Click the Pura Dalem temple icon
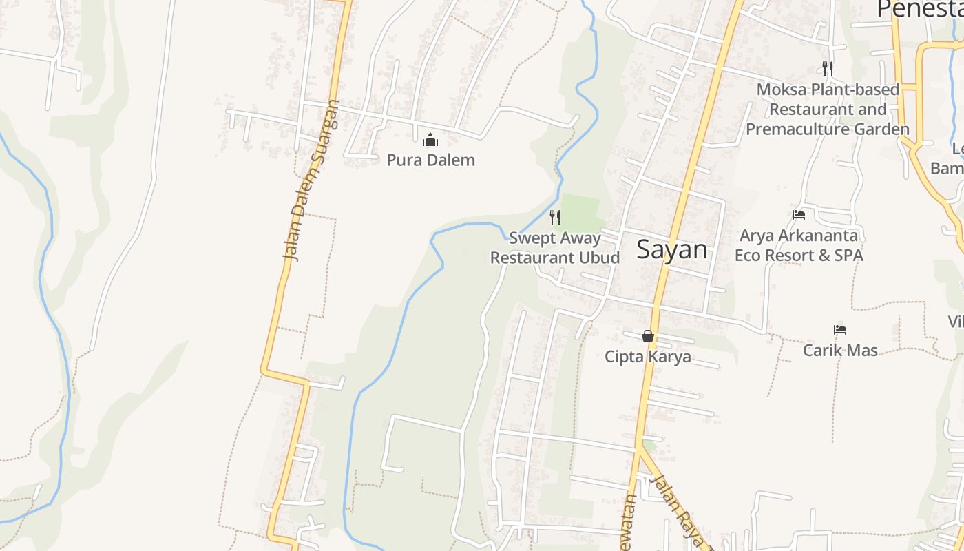pos(430,141)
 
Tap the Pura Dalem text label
pos(430,160)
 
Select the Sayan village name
pos(671,249)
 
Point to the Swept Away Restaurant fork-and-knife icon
pos(555,218)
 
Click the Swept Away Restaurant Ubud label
pos(555,248)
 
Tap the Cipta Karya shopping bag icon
pos(648,336)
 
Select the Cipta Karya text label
pos(647,357)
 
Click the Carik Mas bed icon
pos(839,330)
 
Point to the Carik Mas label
pos(840,350)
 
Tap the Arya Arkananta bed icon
pos(799,215)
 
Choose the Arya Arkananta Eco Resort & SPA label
pos(799,245)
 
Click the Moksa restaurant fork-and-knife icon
pos(828,68)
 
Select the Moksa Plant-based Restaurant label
pos(828,109)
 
